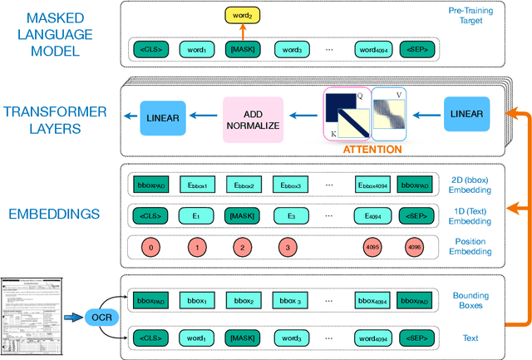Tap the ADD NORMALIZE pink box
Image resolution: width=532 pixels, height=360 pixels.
(253, 118)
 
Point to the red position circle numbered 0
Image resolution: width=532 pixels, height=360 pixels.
(150, 247)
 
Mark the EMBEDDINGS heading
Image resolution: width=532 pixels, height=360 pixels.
(53, 214)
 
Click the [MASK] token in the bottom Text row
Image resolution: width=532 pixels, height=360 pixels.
(242, 338)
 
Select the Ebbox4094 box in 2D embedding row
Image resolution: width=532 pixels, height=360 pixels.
(372, 185)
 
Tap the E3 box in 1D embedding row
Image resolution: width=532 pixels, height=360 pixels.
(287, 216)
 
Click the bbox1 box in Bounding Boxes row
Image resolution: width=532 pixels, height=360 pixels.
(196, 299)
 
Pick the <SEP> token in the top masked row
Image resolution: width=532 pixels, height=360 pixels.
(417, 49)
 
